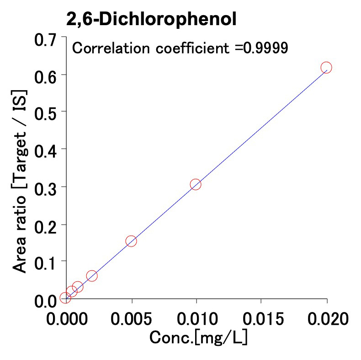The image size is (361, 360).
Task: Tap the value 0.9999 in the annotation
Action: (x=265, y=48)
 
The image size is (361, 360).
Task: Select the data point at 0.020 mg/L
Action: (x=326, y=68)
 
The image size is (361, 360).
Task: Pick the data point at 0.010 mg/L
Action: (x=196, y=184)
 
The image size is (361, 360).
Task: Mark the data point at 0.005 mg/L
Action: (x=131, y=241)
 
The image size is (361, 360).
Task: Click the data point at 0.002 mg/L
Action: (x=92, y=276)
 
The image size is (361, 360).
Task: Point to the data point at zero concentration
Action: (x=65, y=298)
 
